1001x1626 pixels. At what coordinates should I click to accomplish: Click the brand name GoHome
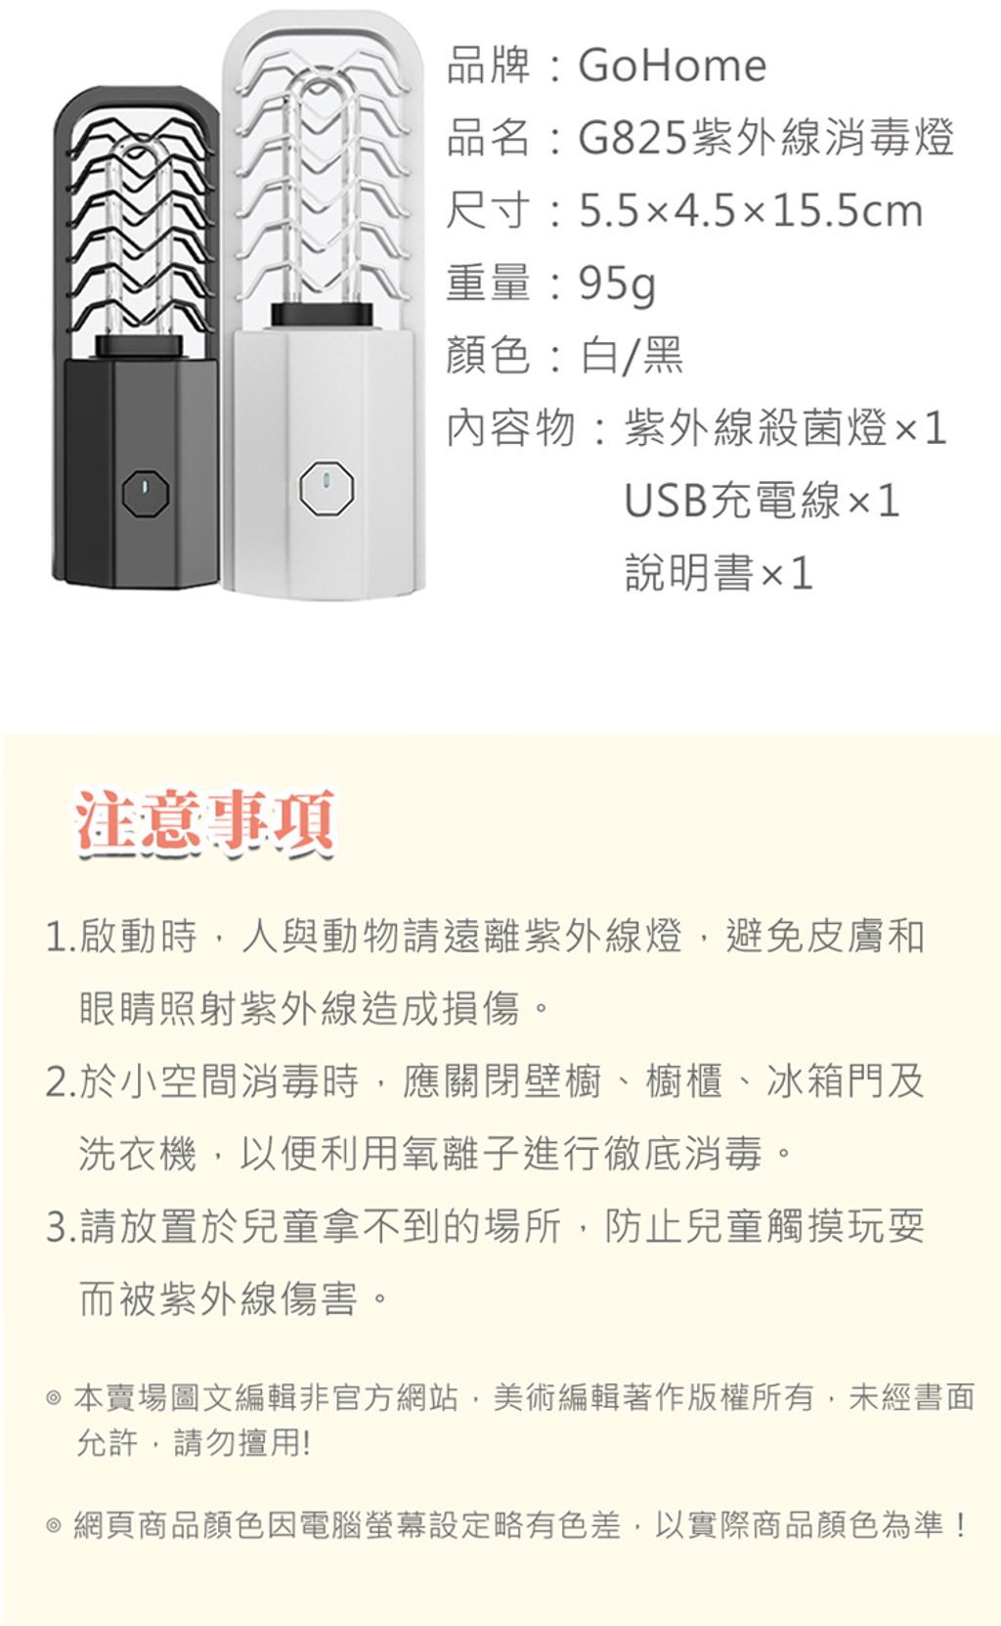coord(672,66)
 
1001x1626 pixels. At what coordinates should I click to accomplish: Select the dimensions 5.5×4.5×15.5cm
coord(751,210)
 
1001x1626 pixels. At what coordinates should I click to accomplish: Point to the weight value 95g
coord(617,285)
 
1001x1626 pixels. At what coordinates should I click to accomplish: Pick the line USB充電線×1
coord(762,501)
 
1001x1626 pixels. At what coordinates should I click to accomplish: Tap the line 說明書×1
coord(718,573)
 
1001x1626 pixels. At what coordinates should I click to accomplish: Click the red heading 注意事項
coord(205,819)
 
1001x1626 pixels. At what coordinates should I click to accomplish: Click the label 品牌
coord(488,66)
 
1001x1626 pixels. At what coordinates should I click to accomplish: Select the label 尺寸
coord(488,210)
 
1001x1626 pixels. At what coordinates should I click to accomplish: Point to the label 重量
coord(488,284)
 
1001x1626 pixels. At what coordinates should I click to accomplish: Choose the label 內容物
coord(510,427)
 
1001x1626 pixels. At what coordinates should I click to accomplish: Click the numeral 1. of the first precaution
coord(61,937)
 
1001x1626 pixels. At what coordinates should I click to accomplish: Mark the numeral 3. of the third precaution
coord(61,1227)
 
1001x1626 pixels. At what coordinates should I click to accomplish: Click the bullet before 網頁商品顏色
coord(53,1525)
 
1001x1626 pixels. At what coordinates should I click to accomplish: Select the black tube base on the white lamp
coord(322,315)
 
